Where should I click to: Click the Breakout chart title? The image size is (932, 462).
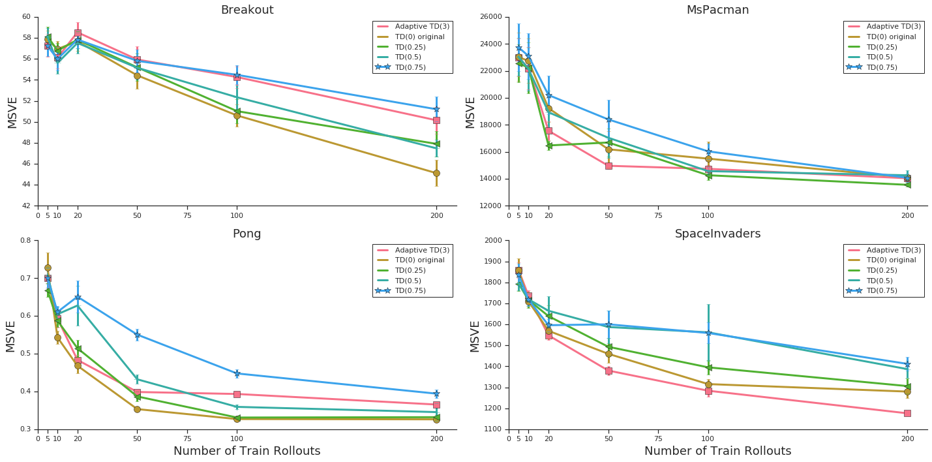(x=247, y=10)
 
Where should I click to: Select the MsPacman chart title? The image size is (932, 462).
(x=717, y=10)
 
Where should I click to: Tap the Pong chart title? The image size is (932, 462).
(x=247, y=234)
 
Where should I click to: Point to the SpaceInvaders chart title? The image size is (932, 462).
(x=717, y=234)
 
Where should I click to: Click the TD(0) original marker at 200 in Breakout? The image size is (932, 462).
(x=436, y=173)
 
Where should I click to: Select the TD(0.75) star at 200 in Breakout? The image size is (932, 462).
(x=436, y=109)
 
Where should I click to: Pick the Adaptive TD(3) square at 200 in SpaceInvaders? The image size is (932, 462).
(x=907, y=413)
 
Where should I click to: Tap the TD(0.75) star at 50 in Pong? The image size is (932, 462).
(x=137, y=335)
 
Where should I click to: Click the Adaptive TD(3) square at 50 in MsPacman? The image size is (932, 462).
(x=609, y=166)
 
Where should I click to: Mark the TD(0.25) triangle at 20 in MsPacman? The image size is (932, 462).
(x=549, y=146)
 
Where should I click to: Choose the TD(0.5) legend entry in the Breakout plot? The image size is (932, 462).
(x=412, y=57)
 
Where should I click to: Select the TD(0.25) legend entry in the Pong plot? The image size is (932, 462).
(x=413, y=270)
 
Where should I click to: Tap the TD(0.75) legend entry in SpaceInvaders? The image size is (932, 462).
(x=884, y=291)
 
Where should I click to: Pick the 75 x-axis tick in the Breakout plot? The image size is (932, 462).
(x=187, y=215)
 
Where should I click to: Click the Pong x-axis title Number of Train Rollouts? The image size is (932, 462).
(x=247, y=452)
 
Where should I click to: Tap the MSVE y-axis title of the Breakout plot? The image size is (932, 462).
(x=13, y=112)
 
